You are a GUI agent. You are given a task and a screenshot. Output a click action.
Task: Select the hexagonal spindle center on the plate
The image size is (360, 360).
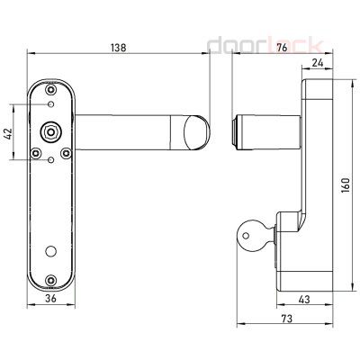[x=52, y=131]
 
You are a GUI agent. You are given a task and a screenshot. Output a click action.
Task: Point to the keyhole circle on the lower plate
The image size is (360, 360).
[x=52, y=249]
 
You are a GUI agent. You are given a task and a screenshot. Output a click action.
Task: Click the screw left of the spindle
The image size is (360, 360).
[x=36, y=153]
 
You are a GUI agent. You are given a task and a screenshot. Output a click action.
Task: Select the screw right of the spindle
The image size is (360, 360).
[x=69, y=153]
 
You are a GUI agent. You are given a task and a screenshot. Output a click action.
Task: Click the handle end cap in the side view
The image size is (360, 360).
[x=239, y=132]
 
